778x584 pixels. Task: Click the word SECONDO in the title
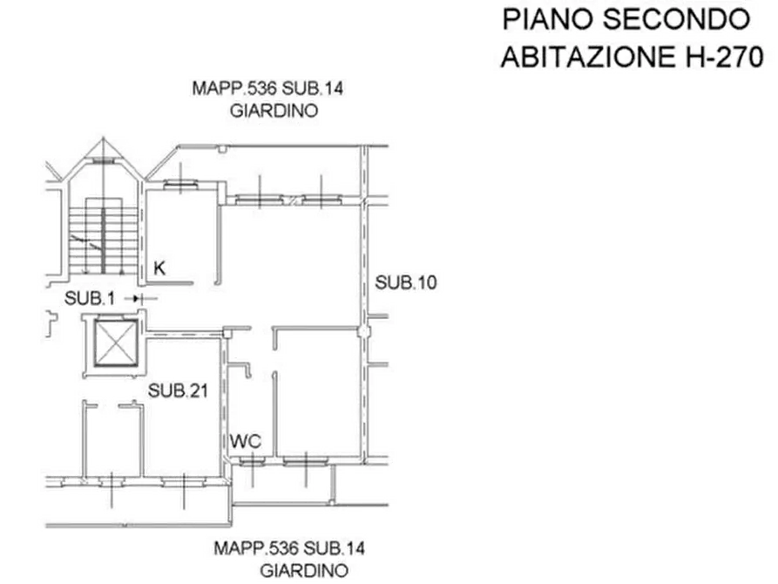pyautogui.click(x=676, y=19)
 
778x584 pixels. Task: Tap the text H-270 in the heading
pyautogui.click(x=724, y=57)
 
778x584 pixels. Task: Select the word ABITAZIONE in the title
pyautogui.click(x=588, y=57)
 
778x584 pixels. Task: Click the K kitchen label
pyautogui.click(x=159, y=268)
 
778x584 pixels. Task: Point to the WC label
pyautogui.click(x=246, y=441)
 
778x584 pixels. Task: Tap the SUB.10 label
pyautogui.click(x=406, y=282)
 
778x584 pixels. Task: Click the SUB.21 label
pyautogui.click(x=178, y=390)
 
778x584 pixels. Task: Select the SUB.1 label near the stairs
pyautogui.click(x=90, y=298)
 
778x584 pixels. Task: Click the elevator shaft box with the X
pyautogui.click(x=116, y=343)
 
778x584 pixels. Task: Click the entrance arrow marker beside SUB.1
pyautogui.click(x=141, y=299)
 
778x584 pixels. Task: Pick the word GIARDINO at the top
pyautogui.click(x=274, y=111)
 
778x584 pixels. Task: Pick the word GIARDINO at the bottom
pyautogui.click(x=304, y=571)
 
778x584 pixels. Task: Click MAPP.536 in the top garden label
pyautogui.click(x=234, y=88)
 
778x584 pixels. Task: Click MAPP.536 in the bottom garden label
pyautogui.click(x=256, y=548)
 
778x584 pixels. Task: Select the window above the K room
pyautogui.click(x=180, y=186)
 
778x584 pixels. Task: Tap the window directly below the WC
pyautogui.click(x=252, y=462)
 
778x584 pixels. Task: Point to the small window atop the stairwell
pyautogui.click(x=103, y=161)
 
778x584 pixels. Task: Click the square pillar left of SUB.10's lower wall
pyautogui.click(x=364, y=331)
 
